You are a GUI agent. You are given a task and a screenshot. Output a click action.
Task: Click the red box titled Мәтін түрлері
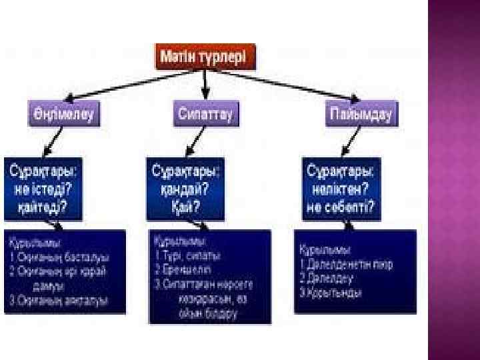pyautogui.click(x=205, y=57)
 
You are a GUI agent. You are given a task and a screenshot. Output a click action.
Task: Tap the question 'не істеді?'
pyautogui.click(x=40, y=190)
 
